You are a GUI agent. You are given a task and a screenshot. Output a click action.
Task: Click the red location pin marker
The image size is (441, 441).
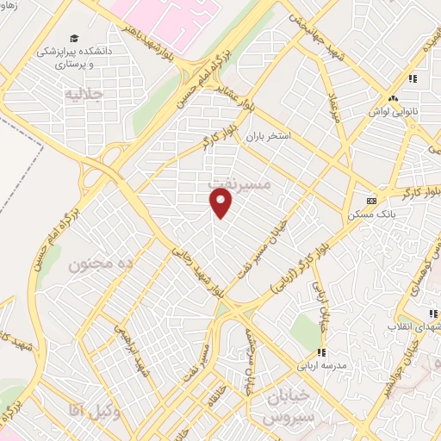(222, 203)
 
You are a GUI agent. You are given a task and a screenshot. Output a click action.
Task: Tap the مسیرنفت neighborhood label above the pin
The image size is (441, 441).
(240, 184)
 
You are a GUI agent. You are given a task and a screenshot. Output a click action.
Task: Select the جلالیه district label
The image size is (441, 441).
(85, 92)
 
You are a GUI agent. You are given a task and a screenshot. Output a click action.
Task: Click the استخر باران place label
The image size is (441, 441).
(268, 136)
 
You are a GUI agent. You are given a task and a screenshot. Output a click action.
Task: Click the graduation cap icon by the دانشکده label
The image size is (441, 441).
(75, 39)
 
